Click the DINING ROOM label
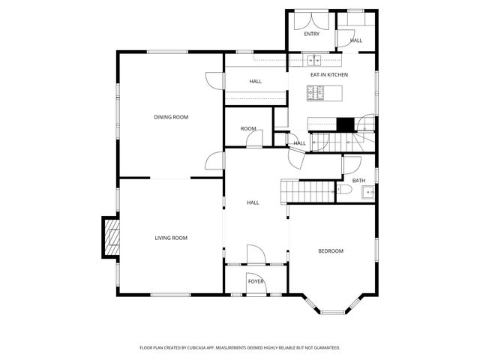[171, 117]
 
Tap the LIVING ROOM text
[171, 238]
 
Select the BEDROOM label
[331, 251]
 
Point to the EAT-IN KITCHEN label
[329, 75]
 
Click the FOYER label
[256, 282]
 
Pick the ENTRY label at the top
[312, 34]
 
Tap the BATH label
[359, 181]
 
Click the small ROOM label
[248, 129]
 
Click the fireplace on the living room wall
[111, 238]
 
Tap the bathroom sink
[367, 193]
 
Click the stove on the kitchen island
[316, 93]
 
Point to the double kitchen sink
[312, 60]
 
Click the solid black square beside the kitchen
[345, 124]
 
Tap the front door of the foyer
[256, 294]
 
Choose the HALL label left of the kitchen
[256, 81]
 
